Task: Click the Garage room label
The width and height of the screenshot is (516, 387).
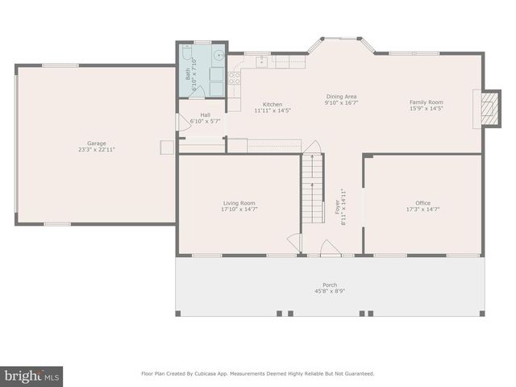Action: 97,144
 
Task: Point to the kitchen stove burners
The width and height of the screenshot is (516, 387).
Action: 235,78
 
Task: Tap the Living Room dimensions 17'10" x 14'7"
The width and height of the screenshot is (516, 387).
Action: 239,210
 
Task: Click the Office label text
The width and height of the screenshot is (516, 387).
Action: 422,203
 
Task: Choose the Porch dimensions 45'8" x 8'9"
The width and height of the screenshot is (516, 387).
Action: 330,292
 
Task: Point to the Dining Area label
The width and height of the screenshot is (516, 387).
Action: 341,96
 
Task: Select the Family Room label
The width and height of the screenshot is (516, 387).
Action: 427,102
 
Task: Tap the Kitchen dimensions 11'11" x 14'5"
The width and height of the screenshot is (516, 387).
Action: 273,111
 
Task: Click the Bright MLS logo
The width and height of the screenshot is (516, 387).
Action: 31,375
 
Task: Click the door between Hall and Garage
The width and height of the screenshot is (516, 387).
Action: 181,122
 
